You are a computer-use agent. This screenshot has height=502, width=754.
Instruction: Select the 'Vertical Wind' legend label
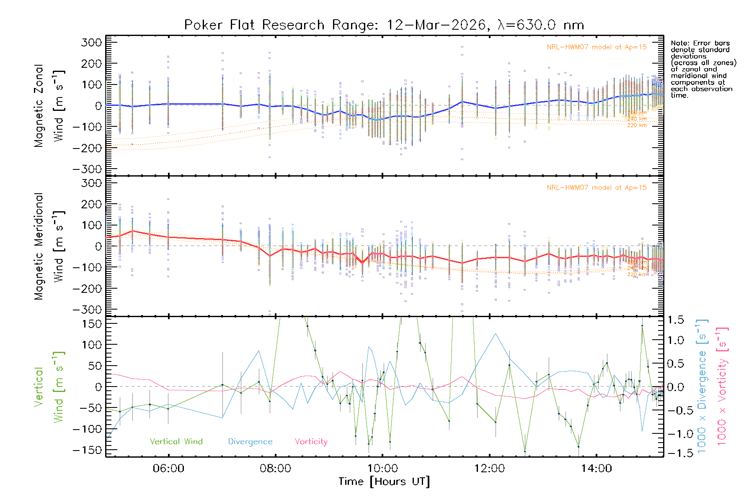tap(176, 441)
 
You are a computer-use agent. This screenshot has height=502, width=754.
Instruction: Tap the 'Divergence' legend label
tap(250, 441)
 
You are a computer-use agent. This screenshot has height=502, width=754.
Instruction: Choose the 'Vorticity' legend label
tap(311, 441)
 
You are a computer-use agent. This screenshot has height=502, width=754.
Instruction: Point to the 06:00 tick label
tap(168, 469)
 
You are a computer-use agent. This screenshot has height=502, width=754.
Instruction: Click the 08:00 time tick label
tap(275, 469)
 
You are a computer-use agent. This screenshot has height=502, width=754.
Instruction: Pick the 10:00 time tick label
tap(382, 469)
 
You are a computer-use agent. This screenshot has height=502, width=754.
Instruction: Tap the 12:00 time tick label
tap(489, 469)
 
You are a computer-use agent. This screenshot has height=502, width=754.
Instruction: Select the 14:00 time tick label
tap(596, 469)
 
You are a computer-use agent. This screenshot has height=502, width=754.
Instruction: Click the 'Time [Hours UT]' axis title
tap(384, 482)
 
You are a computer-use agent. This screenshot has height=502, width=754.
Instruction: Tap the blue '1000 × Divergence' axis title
tap(702, 387)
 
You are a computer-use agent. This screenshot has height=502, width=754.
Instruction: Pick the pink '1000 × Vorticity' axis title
tap(722, 387)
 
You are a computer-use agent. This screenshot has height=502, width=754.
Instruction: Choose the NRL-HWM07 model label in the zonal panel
tap(596, 47)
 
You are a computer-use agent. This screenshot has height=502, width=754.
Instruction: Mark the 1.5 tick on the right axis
tap(675, 320)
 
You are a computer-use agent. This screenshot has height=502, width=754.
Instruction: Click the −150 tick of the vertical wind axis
tap(88, 450)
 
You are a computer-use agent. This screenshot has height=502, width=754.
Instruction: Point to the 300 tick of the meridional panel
tap(92, 183)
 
